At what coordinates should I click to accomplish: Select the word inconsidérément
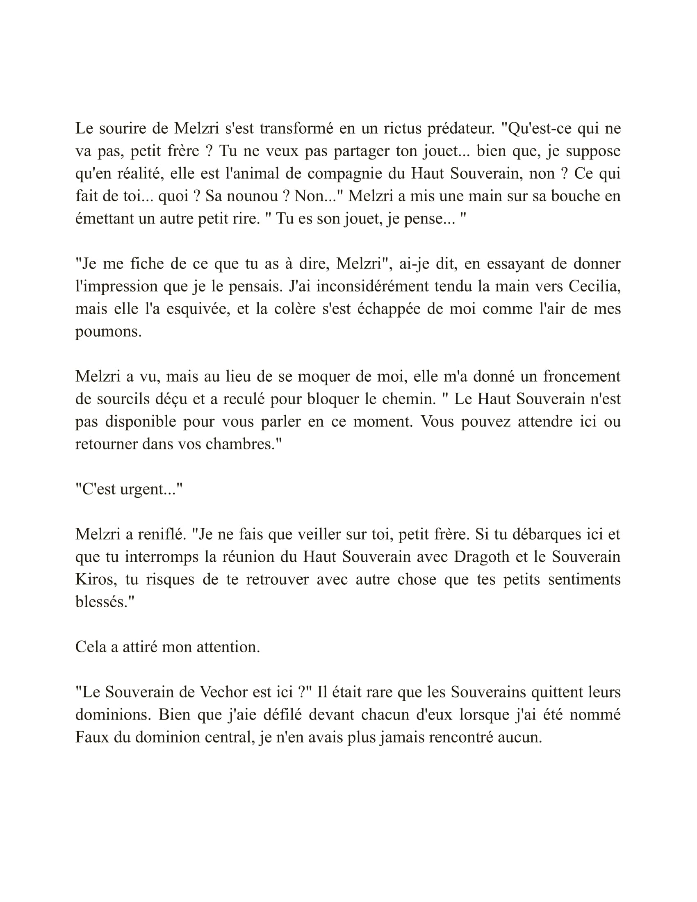click(372, 286)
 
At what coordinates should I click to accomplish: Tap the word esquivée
click(198, 308)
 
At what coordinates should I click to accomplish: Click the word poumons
click(108, 332)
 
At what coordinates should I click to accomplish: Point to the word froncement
click(582, 376)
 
